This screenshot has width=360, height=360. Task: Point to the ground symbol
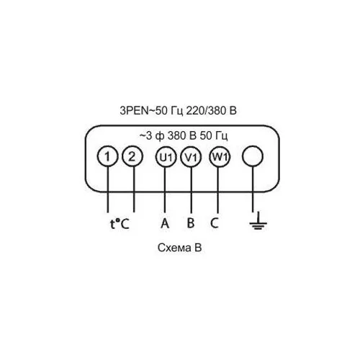(258, 221)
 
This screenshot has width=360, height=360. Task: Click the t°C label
(120, 224)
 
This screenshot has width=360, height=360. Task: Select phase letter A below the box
(165, 223)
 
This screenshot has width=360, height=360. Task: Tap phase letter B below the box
(191, 223)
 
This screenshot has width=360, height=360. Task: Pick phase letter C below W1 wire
(215, 223)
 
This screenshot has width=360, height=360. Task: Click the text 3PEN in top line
(134, 111)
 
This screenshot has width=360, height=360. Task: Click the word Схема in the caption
(172, 248)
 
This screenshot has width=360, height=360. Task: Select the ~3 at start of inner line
(145, 136)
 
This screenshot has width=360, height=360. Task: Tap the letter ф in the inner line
(160, 136)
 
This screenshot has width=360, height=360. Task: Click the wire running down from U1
(165, 189)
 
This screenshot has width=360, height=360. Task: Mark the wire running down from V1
(191, 190)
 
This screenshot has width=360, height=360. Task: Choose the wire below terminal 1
(107, 189)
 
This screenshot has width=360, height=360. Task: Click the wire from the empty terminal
(253, 189)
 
